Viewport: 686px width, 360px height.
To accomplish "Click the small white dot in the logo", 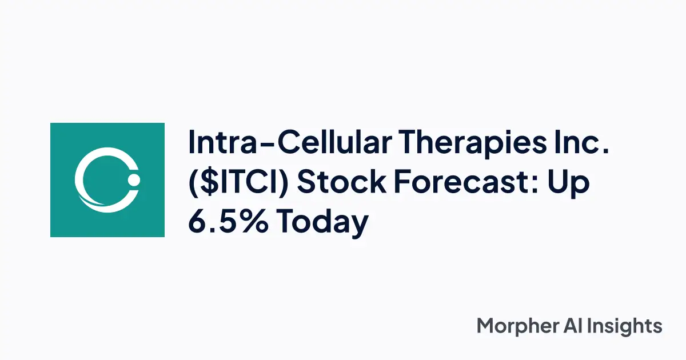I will (x=134, y=181).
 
